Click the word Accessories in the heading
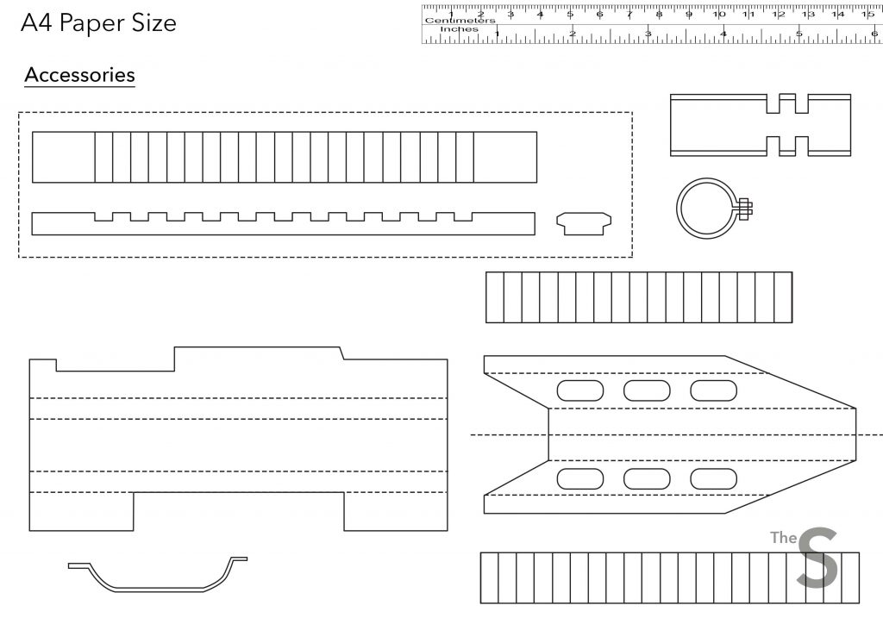79,75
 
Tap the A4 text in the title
37,22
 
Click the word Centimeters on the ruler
460,21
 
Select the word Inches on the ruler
459,28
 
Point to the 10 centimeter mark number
719,15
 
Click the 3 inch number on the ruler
648,34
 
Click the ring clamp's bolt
744,208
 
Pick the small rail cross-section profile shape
584,223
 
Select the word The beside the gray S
783,538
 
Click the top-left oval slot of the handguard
580,390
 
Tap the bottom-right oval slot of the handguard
713,479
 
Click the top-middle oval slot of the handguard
647,390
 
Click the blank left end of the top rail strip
63,157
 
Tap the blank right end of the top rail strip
505,157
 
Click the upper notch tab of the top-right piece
787,103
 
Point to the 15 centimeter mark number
867,15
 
